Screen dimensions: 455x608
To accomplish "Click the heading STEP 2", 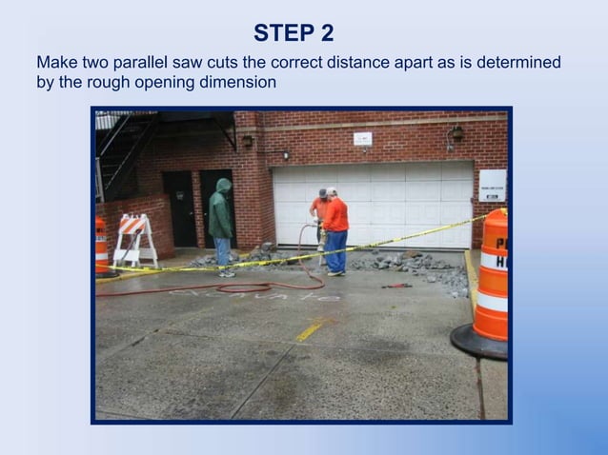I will [294, 33].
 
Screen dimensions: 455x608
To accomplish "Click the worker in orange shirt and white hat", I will [334, 228].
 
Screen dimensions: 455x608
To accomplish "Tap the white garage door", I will [372, 203].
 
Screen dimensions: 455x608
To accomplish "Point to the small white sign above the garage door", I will [362, 139].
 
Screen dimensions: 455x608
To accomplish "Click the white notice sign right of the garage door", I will [492, 185].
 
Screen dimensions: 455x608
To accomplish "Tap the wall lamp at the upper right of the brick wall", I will [456, 134].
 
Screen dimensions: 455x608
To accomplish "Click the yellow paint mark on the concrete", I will [309, 330].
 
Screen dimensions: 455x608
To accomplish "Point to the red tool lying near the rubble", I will [397, 285].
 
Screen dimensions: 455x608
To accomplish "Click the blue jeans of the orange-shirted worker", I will [336, 251].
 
